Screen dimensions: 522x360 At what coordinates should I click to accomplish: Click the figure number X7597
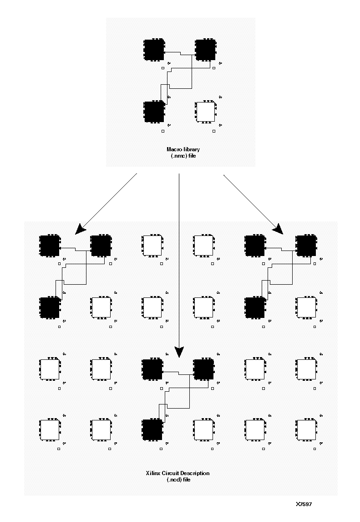(304, 504)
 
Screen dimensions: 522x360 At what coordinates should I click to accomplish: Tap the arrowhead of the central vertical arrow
(179, 351)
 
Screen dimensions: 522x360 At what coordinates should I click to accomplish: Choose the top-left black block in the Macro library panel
(154, 50)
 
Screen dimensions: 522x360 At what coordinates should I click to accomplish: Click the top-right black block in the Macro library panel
(205, 50)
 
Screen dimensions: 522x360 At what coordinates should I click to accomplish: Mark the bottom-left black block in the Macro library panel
(154, 112)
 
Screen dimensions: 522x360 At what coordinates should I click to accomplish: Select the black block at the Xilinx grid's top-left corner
(50, 246)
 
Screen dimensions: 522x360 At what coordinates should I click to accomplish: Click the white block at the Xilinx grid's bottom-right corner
(306, 430)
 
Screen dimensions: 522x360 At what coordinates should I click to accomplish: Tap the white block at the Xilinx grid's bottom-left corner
(50, 430)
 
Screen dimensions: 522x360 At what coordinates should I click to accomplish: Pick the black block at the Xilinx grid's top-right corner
(306, 246)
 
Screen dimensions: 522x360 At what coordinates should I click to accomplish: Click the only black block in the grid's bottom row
(152, 430)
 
